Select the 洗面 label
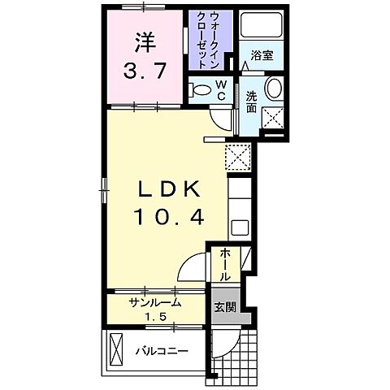[253, 99]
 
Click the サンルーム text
[155, 301]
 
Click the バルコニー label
[162, 351]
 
